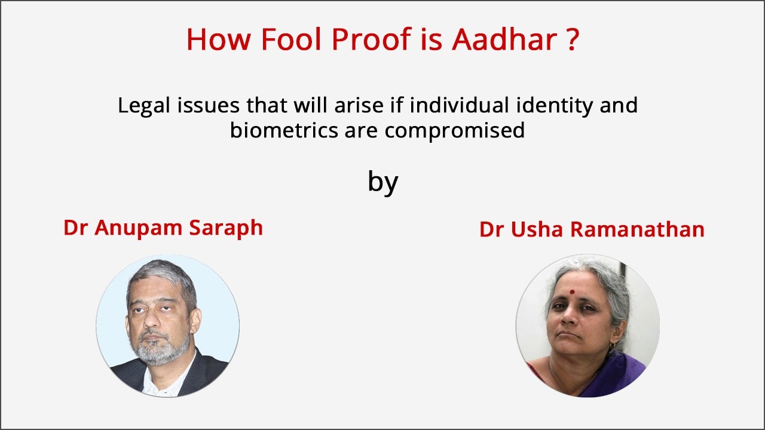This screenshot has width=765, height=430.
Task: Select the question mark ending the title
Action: tap(571, 39)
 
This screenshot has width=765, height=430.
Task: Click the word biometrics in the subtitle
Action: tap(285, 130)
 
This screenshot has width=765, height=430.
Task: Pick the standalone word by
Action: tap(382, 182)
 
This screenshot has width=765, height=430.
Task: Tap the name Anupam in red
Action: tap(143, 228)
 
